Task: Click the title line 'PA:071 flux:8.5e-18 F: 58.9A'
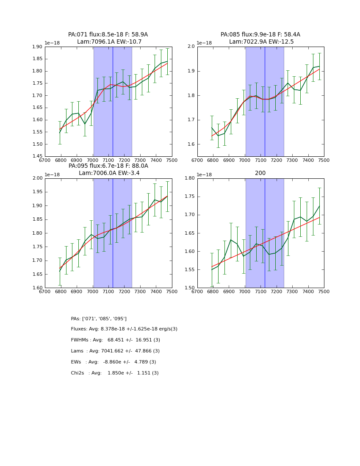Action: tap(108, 35)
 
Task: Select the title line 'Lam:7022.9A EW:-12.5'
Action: tap(261, 42)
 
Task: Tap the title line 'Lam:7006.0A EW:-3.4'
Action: tap(109, 173)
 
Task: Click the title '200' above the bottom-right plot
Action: tap(260, 173)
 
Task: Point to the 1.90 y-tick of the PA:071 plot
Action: tap(38, 47)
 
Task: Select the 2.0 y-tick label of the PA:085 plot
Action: tap(191, 47)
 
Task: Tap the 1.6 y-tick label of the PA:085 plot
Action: tap(191, 144)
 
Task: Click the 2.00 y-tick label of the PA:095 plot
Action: tap(38, 178)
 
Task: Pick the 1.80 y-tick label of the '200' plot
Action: tap(190, 178)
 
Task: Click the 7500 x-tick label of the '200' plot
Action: tap(324, 291)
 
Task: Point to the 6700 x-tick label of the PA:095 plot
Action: tap(45, 291)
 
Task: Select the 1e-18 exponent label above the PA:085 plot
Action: tap(204, 43)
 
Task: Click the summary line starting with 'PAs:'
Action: tap(99, 319)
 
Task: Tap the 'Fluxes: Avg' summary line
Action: tap(124, 329)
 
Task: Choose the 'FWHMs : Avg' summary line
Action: tap(115, 340)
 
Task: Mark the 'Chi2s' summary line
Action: tap(115, 373)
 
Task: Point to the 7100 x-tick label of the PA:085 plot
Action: tap(260, 160)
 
